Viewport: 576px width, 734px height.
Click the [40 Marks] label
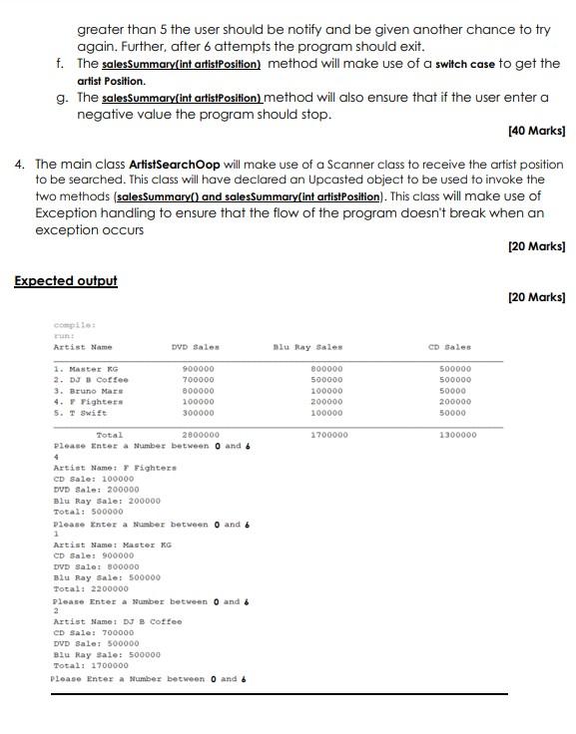tap(536, 131)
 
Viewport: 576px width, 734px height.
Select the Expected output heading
tap(65, 280)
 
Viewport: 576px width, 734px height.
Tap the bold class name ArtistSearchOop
tap(180, 164)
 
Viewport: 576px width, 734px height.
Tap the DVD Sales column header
tap(195, 347)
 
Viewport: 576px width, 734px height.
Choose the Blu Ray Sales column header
tap(307, 347)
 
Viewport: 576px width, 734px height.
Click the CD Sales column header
tap(449, 347)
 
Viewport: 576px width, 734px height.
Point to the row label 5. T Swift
tap(80, 412)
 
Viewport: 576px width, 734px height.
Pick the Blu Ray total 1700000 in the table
tap(329, 435)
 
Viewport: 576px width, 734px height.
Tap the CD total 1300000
tap(457, 435)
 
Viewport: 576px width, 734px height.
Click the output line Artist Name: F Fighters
tap(114, 467)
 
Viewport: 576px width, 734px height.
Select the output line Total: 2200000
tap(90, 588)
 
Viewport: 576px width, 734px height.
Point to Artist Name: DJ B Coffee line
tap(117, 621)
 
